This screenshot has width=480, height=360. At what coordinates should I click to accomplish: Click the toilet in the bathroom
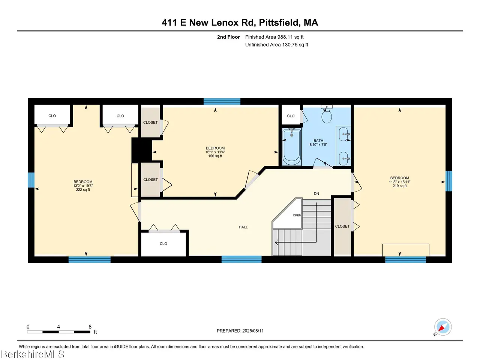click(326, 114)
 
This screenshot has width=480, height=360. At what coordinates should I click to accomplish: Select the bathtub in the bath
click(291, 147)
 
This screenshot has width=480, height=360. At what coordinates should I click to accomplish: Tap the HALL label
click(243, 227)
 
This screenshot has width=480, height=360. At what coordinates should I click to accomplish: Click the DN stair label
click(316, 193)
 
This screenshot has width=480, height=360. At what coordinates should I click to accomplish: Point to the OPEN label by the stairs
click(297, 215)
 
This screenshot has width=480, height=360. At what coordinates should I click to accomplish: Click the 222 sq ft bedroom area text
click(83, 189)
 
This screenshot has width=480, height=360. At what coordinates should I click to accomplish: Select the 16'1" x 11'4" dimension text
click(215, 152)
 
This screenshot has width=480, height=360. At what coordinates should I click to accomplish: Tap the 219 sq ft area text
click(399, 186)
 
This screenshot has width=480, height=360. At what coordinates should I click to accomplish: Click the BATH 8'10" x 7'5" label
click(318, 142)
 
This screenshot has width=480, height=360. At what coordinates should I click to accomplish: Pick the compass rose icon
click(442, 327)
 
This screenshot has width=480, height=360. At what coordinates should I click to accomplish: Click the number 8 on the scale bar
click(90, 327)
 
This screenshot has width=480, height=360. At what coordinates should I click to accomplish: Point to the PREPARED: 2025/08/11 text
click(240, 331)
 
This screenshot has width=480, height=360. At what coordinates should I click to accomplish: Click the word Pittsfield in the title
click(279, 23)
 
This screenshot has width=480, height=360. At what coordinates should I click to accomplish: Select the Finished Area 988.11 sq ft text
click(274, 37)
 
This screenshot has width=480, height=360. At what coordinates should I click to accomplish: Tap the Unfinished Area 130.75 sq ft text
click(276, 45)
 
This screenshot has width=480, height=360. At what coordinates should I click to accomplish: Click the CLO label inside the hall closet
click(163, 243)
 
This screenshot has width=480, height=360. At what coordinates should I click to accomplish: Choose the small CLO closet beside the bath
click(291, 115)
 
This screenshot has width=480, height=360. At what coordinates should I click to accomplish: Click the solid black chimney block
click(142, 150)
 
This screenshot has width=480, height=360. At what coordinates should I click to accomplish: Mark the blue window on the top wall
click(222, 101)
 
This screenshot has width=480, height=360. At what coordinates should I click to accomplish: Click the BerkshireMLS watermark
click(32, 354)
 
